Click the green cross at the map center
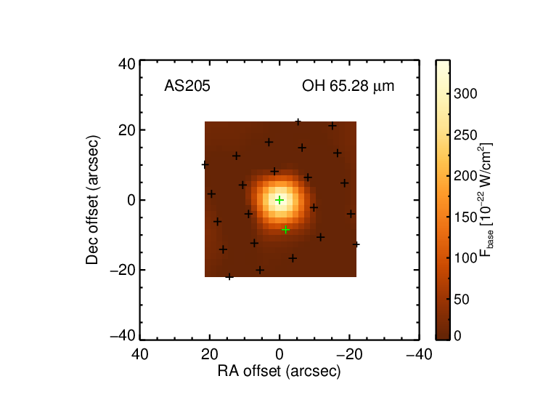coord(279,200)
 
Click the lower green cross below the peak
coord(285,230)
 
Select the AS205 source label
coord(187,86)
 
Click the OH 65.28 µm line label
coord(348,87)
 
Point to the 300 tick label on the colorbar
coord(465,94)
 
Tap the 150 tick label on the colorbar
coord(465,217)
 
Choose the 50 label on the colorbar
coord(462,300)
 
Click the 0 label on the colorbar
coord(457,336)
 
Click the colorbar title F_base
coord(486,200)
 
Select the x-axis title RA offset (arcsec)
coord(279,371)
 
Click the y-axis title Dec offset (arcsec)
coord(92,200)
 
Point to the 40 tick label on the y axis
coord(127,65)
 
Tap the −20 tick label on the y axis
coord(123,271)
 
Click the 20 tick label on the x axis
coord(210,354)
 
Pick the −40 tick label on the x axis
coord(420,354)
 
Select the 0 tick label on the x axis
coord(279,354)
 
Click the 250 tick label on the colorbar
coord(465,135)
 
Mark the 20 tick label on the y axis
coord(127,130)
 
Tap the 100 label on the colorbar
coord(465,258)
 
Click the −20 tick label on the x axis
coord(350,354)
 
